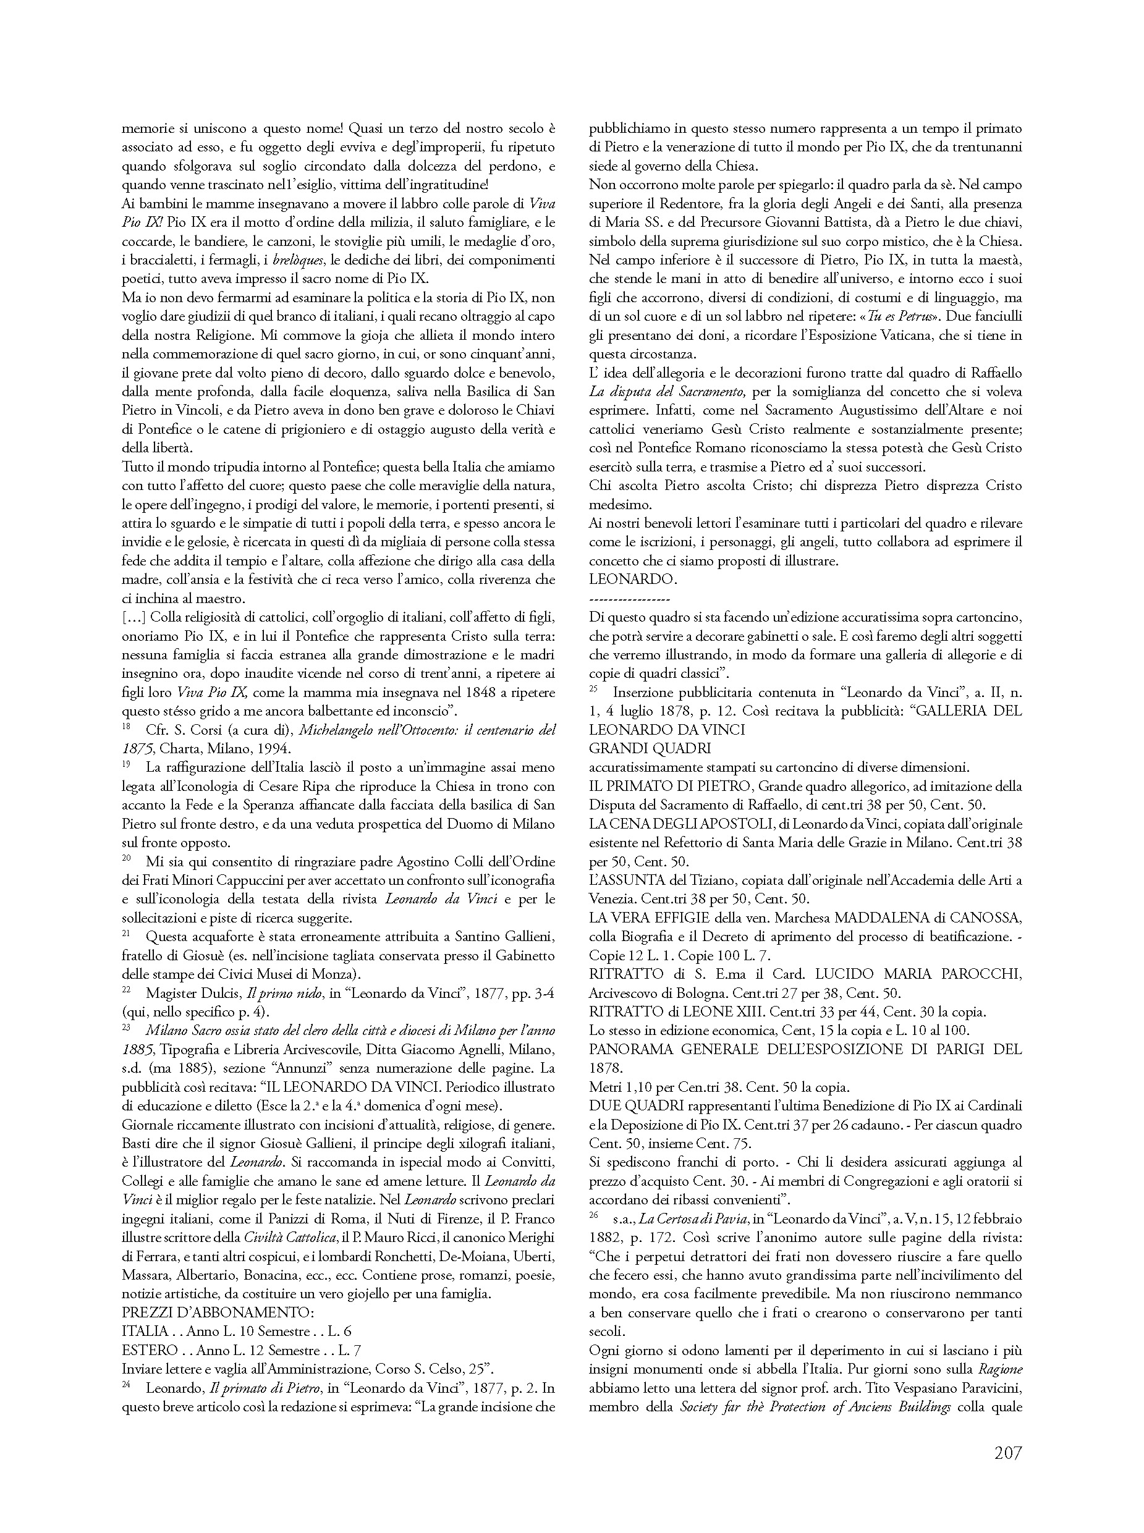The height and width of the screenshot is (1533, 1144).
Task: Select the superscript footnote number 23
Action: pos(126,1027)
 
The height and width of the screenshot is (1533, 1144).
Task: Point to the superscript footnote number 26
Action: pos(593,1215)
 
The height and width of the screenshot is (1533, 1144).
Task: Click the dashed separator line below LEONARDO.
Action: pos(629,599)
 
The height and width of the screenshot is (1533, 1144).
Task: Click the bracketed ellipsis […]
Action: pos(133,616)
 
